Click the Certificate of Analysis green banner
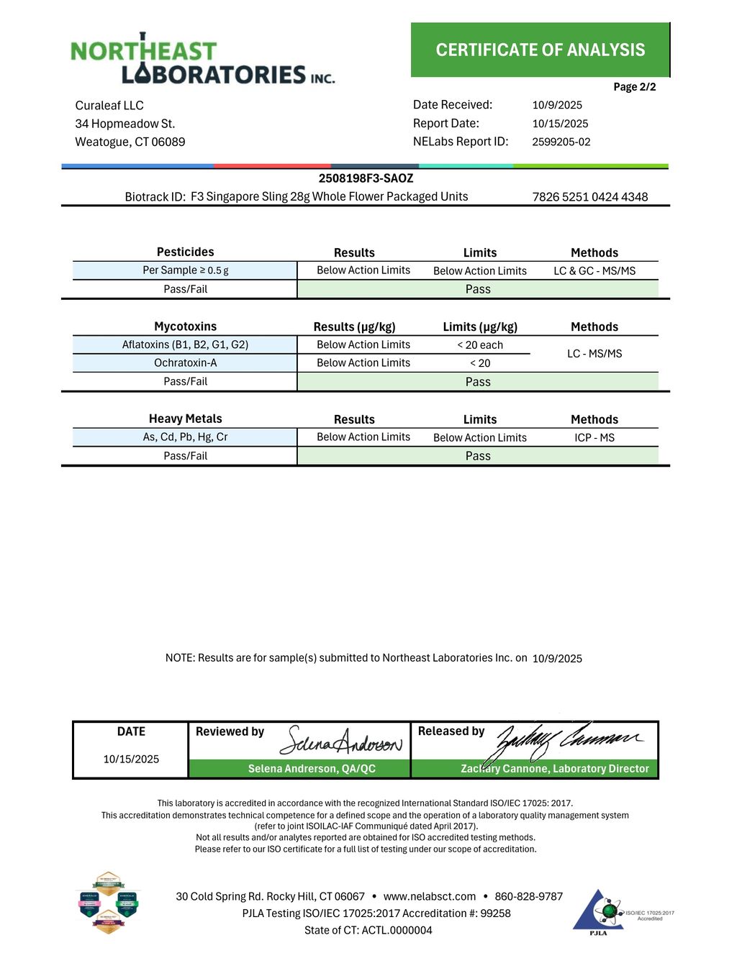[540, 50]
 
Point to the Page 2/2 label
[634, 87]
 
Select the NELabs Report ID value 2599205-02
[561, 142]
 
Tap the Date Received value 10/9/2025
[557, 105]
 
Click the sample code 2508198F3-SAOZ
[366, 178]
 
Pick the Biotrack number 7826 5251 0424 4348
[589, 197]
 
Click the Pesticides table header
[185, 252]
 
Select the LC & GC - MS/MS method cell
[594, 271]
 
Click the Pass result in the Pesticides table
[477, 289]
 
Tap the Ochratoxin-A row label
[185, 363]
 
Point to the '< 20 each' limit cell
[479, 345]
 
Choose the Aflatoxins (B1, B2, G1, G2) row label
[185, 345]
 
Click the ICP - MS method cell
[594, 437]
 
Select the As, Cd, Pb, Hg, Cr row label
[185, 437]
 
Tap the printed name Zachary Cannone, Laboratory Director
[554, 769]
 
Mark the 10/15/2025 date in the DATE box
[131, 759]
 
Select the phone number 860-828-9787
[528, 896]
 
